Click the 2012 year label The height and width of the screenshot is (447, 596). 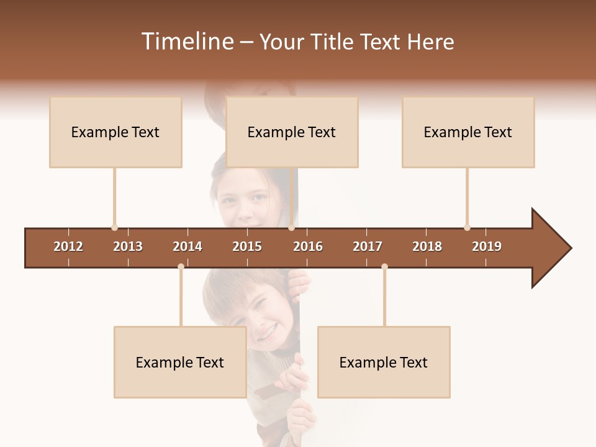pyautogui.click(x=68, y=246)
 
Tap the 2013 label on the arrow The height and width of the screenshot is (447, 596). pyautogui.click(x=128, y=246)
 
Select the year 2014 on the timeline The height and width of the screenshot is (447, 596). pyautogui.click(x=187, y=246)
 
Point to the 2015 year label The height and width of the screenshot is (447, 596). pyautogui.click(x=247, y=246)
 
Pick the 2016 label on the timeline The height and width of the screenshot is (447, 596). pyautogui.click(x=308, y=246)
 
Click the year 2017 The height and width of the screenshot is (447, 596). pyautogui.click(x=368, y=246)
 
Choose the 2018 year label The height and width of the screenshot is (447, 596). pyautogui.click(x=427, y=246)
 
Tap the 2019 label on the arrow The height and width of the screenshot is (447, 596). pyautogui.click(x=487, y=246)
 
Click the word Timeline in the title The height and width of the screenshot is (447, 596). pyautogui.click(x=186, y=42)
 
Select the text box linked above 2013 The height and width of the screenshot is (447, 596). pyautogui.click(x=115, y=132)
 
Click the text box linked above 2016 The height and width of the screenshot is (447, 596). pyautogui.click(x=292, y=132)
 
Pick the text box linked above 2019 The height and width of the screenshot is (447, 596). pyautogui.click(x=468, y=132)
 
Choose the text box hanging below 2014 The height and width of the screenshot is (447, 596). pyautogui.click(x=180, y=363)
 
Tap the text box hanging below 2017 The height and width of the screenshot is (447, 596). pyautogui.click(x=384, y=363)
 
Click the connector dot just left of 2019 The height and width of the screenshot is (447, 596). pyautogui.click(x=467, y=228)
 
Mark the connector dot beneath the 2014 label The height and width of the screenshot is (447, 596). pyautogui.click(x=181, y=267)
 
